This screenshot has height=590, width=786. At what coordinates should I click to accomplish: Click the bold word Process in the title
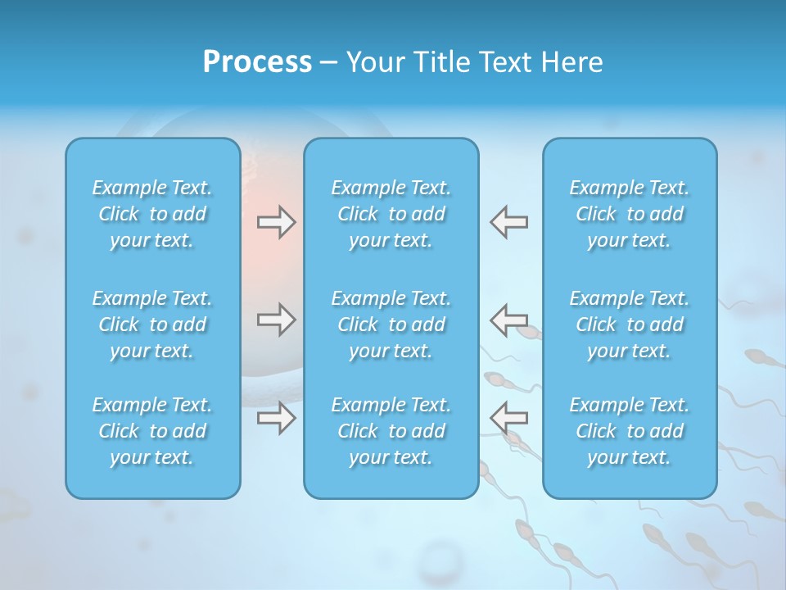point(257,62)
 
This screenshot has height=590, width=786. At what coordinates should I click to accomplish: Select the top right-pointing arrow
point(277,222)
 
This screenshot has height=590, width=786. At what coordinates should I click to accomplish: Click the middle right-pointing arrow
point(277,320)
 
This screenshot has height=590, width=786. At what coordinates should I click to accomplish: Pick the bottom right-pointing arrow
point(277,418)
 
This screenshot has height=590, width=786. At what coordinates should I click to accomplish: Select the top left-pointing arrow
point(508,222)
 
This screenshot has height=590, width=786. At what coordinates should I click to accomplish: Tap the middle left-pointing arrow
point(508,320)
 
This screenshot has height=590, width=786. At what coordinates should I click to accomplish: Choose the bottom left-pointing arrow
point(508,418)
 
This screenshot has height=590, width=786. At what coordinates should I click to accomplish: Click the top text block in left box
point(152,214)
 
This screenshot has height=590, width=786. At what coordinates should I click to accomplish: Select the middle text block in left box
point(152,324)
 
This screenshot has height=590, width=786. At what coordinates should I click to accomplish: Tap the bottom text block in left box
point(152,431)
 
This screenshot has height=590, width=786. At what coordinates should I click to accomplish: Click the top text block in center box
point(391,214)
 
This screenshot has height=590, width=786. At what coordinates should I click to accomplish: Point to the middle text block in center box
point(391,324)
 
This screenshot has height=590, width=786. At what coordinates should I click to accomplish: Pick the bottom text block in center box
point(391,431)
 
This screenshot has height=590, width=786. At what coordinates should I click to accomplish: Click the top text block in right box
point(629,214)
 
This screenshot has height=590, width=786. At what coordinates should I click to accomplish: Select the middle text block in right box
point(629,324)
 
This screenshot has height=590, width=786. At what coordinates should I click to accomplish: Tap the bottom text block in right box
point(629,431)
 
